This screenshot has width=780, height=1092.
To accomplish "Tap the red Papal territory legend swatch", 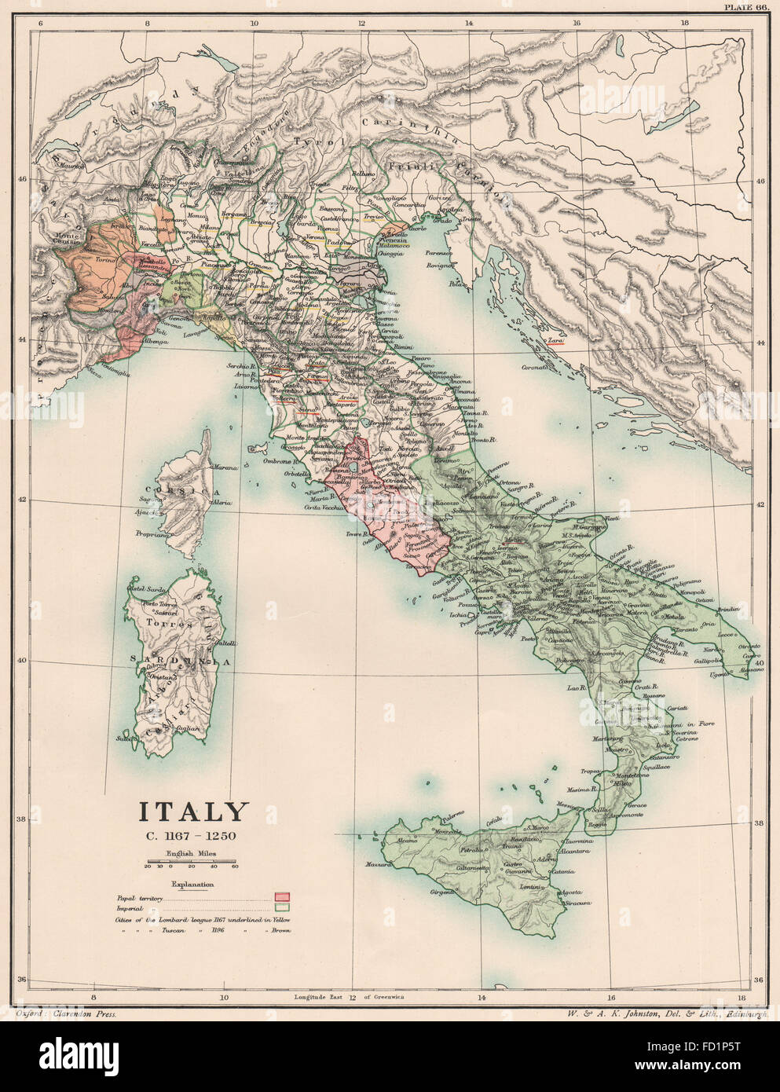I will coord(282,896).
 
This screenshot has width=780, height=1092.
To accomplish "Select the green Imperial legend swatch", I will coord(282,908).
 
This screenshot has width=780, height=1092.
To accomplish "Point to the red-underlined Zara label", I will coord(556,340).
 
